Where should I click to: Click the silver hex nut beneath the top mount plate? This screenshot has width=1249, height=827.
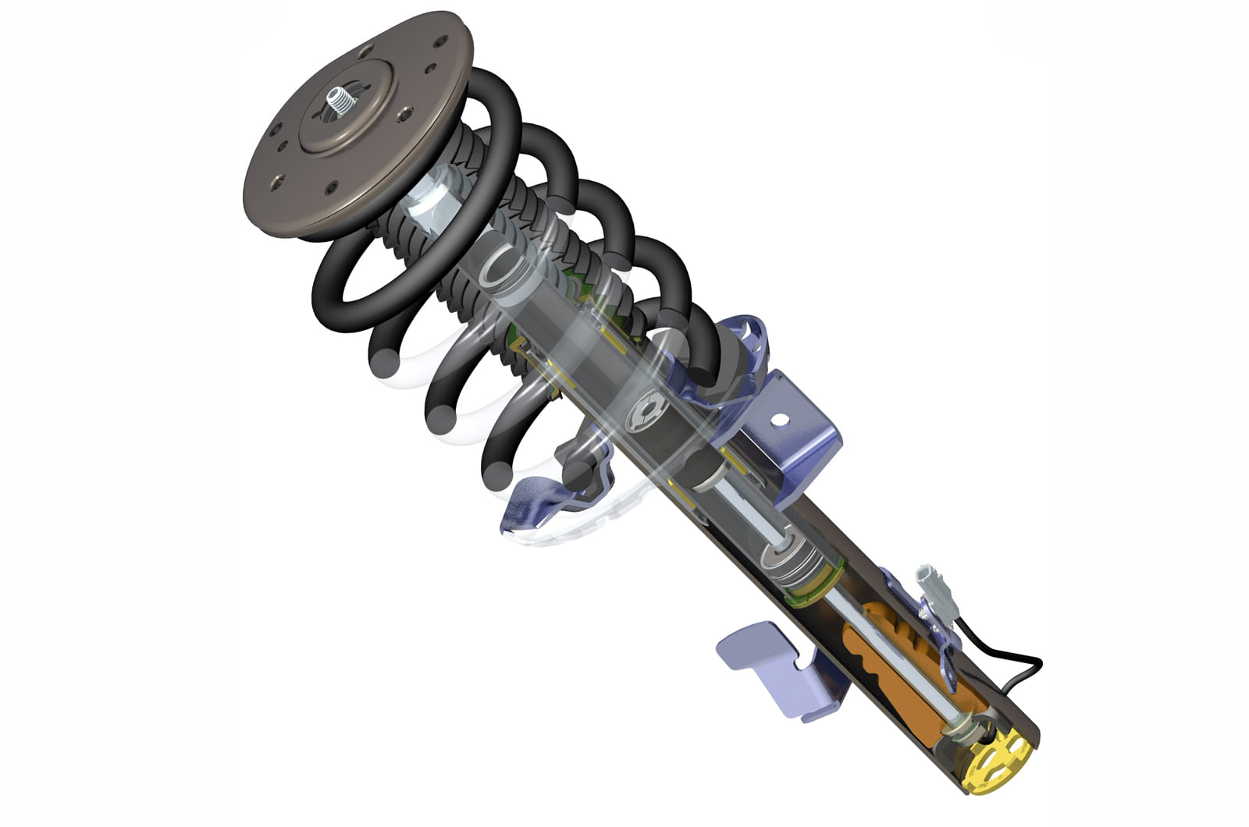[431, 201]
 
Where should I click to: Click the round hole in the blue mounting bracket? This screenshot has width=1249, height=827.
[778, 419]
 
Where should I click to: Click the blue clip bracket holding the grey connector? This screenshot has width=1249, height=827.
[933, 624]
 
